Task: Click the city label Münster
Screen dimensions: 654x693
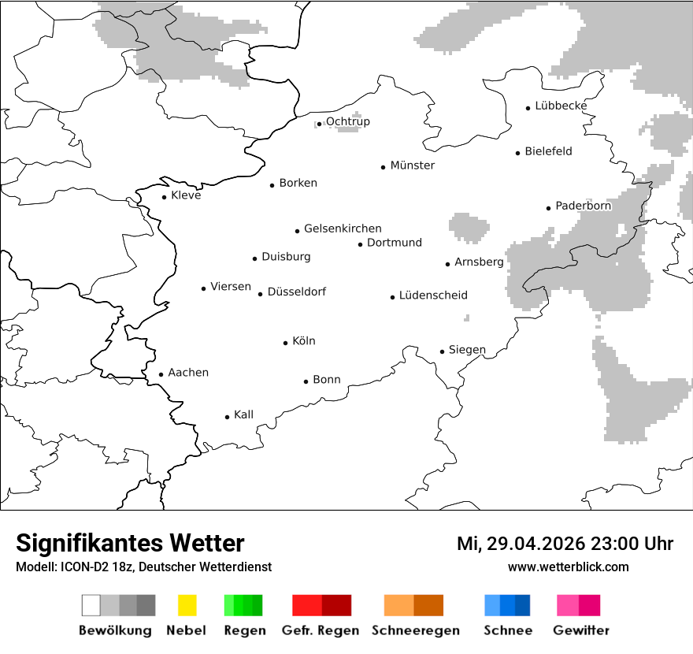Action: click(x=412, y=165)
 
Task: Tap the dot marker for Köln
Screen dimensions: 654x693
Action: click(x=286, y=343)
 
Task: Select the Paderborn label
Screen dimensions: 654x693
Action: click(x=583, y=206)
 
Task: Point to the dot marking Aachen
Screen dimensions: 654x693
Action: click(x=161, y=375)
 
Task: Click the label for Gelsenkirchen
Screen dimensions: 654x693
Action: click(x=343, y=229)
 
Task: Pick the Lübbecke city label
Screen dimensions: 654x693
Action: click(x=561, y=106)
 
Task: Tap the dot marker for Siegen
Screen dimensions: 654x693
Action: click(x=443, y=351)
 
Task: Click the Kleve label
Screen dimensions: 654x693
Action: click(x=186, y=195)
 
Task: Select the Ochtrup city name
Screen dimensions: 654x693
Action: click(x=347, y=121)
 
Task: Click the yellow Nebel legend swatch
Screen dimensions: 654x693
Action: click(x=187, y=605)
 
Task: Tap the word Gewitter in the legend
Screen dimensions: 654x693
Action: click(x=581, y=630)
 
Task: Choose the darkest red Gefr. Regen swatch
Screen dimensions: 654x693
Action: click(x=336, y=605)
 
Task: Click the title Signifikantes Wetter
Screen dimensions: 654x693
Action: click(x=130, y=544)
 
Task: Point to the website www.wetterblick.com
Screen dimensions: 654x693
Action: click(x=568, y=567)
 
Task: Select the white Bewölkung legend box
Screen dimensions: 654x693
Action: click(x=91, y=605)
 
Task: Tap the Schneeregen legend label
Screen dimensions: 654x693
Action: click(x=415, y=630)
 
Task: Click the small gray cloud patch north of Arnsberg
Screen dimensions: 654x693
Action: click(x=469, y=228)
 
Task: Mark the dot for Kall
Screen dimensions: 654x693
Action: click(x=228, y=417)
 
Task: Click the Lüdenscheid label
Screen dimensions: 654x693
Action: click(x=433, y=295)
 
